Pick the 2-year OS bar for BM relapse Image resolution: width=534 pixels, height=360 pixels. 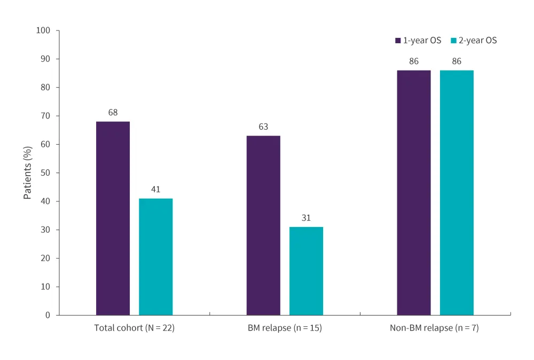[307, 271]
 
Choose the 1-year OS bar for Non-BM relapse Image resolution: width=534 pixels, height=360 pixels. [414, 192]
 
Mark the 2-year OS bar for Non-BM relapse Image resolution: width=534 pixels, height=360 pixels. [457, 192]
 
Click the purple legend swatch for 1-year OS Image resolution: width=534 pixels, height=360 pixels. [398, 41]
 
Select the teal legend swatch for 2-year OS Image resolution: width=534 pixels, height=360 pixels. [453, 41]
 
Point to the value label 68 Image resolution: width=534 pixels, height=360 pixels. [113, 113]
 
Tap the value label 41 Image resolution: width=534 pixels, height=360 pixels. [156, 190]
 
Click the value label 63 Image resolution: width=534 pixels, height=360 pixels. [263, 127]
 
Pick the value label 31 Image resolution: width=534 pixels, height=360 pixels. [307, 218]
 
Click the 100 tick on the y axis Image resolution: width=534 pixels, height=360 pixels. [44, 30]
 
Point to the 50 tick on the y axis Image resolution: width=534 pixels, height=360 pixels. [46, 173]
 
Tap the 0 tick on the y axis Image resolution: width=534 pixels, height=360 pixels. [48, 315]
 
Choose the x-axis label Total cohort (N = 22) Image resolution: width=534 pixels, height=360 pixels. [135, 328]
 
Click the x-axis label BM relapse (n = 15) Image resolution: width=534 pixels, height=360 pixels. [285, 328]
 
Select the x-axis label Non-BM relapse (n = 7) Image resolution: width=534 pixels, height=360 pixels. [435, 328]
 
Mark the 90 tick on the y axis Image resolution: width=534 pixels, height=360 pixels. [46, 59]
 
